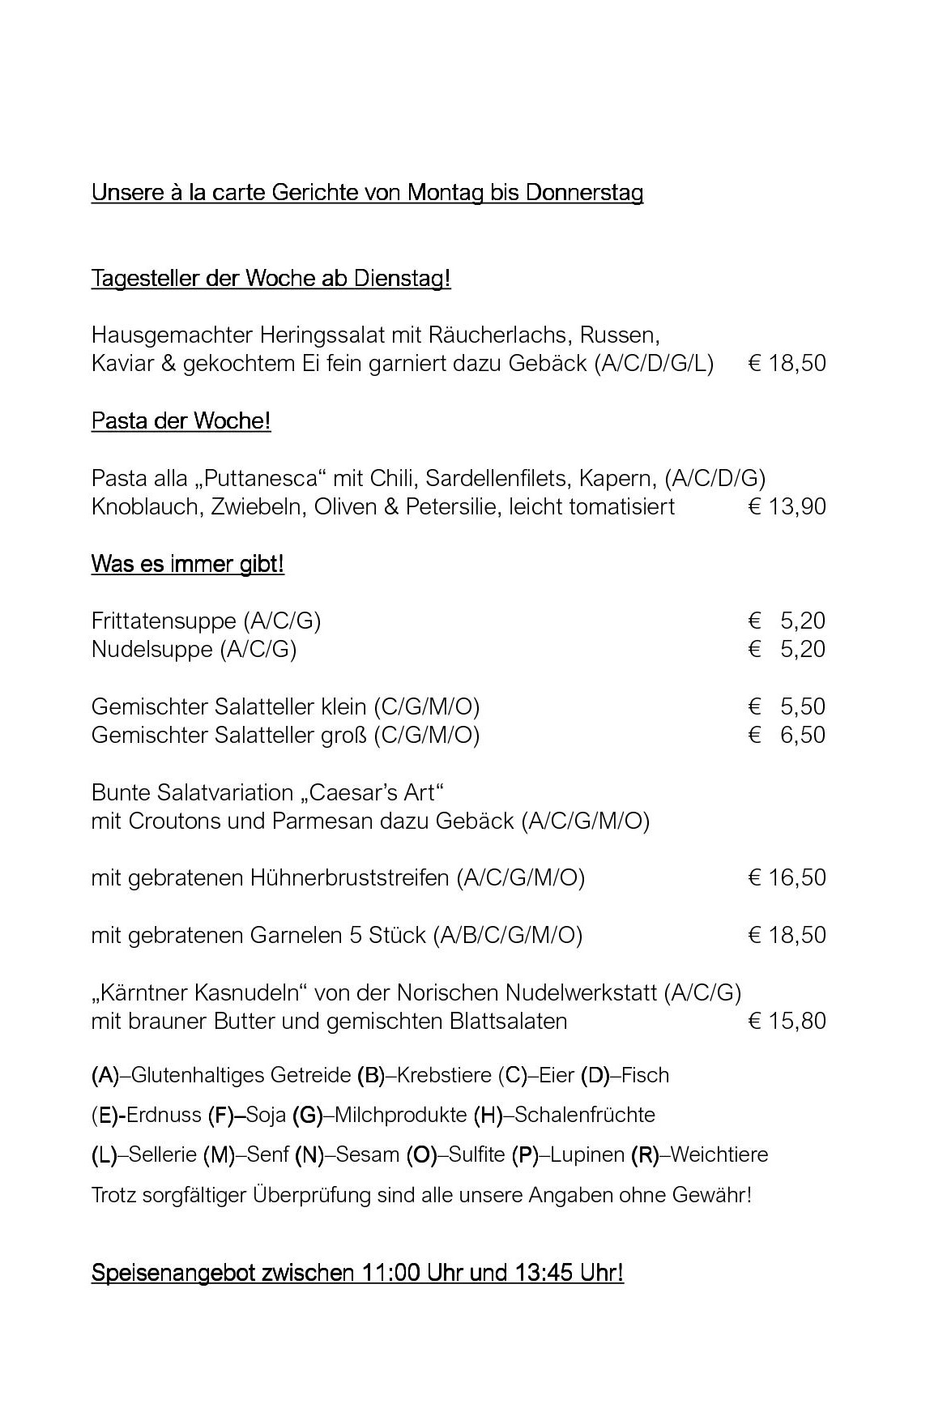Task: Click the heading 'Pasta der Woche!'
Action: [x=181, y=421]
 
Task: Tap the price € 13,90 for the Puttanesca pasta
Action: [x=787, y=507]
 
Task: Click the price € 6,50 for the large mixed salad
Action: [x=787, y=736]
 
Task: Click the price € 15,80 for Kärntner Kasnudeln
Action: [x=787, y=1022]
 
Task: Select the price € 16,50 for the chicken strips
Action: [x=787, y=878]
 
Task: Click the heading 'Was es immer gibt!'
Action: [x=187, y=565]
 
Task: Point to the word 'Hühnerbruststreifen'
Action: [x=350, y=878]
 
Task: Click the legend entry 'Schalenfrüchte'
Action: [x=584, y=1116]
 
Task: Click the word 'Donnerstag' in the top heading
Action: [x=584, y=194]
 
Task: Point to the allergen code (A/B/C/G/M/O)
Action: [x=508, y=936]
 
